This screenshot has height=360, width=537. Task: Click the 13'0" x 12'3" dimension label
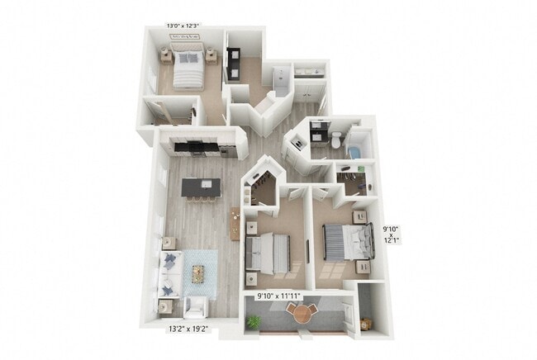coord(183,26)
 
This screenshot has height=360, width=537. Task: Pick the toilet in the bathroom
coord(336,141)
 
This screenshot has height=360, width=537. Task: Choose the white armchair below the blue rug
coord(196,308)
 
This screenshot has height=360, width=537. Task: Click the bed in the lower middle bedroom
coord(270,250)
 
